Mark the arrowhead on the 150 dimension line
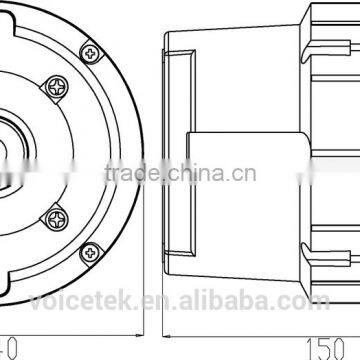(x=165, y=340)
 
